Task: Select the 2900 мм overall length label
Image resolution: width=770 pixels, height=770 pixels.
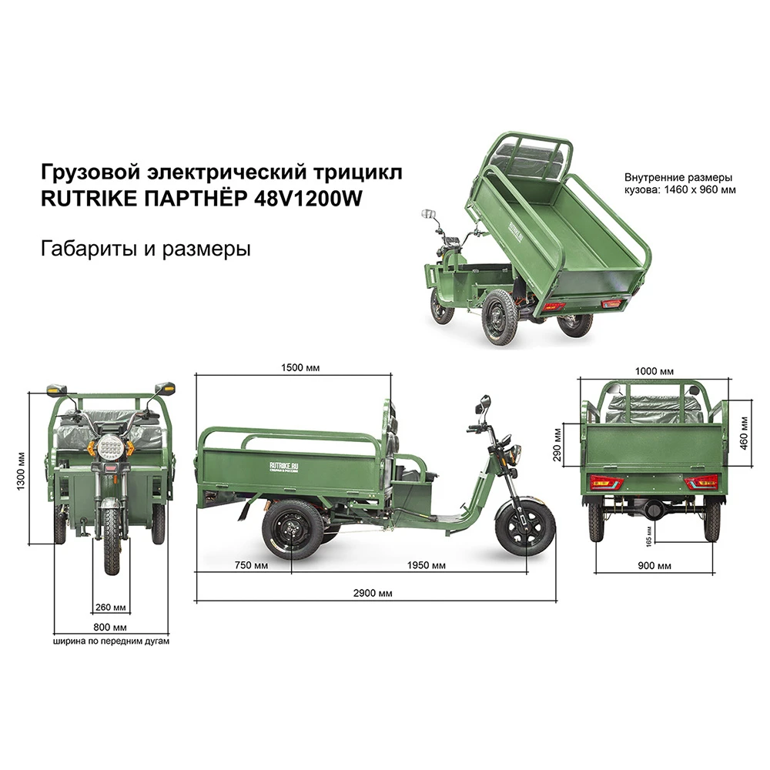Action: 375,592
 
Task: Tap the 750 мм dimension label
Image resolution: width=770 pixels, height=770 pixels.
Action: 251,566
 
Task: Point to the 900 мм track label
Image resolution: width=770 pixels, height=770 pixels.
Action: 654,566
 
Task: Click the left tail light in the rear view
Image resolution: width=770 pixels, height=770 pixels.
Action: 605,483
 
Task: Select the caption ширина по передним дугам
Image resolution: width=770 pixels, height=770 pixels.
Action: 111,640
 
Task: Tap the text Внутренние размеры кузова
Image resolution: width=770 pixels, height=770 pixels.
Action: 678,182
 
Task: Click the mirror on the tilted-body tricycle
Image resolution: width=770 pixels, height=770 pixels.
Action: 429,213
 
